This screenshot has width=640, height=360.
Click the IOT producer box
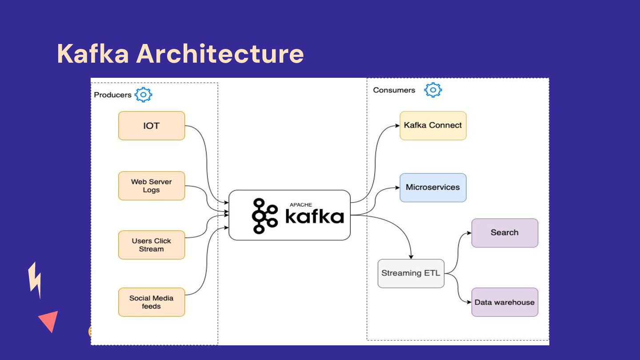pyautogui.click(x=152, y=126)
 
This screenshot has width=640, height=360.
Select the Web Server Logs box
pyautogui.click(x=152, y=186)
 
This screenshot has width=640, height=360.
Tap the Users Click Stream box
pyautogui.click(x=152, y=245)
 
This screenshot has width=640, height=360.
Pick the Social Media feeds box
pyautogui.click(x=152, y=302)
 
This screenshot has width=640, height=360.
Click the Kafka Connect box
pyautogui.click(x=433, y=126)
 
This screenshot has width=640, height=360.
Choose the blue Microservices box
pyautogui.click(x=433, y=188)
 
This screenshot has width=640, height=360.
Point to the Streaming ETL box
pyautogui.click(x=411, y=273)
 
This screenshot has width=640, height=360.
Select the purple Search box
pyautogui.click(x=504, y=233)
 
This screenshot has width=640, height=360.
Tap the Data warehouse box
pyautogui.click(x=504, y=302)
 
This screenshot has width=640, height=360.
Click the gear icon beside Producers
pyautogui.click(x=144, y=95)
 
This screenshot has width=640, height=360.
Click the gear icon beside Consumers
pyautogui.click(x=433, y=90)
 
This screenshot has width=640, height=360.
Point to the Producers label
pyautogui.click(x=112, y=95)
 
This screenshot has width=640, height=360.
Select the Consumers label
pyautogui.click(x=394, y=90)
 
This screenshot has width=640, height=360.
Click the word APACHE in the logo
pyautogui.click(x=300, y=205)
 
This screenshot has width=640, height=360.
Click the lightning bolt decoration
pyautogui.click(x=35, y=280)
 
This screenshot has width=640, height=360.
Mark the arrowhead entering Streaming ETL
pyautogui.click(x=411, y=257)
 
